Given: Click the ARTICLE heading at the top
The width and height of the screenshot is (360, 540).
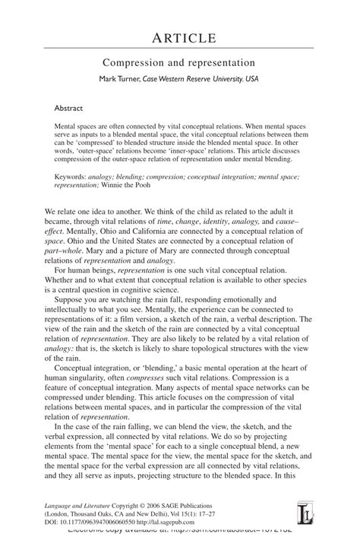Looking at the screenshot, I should [x=179, y=38].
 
